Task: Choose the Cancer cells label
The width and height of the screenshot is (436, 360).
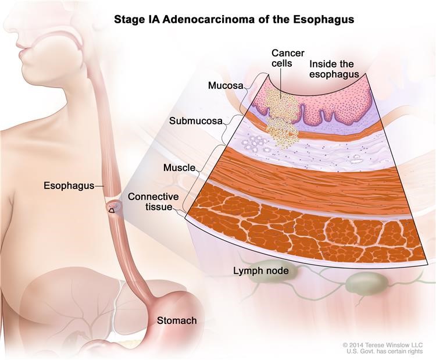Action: [287, 58]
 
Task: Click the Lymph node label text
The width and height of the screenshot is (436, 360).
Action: [261, 271]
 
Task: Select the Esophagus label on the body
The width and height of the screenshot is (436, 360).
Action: [69, 186]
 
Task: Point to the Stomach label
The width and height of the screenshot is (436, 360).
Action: [176, 320]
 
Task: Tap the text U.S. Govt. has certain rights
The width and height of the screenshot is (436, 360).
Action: [391, 352]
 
